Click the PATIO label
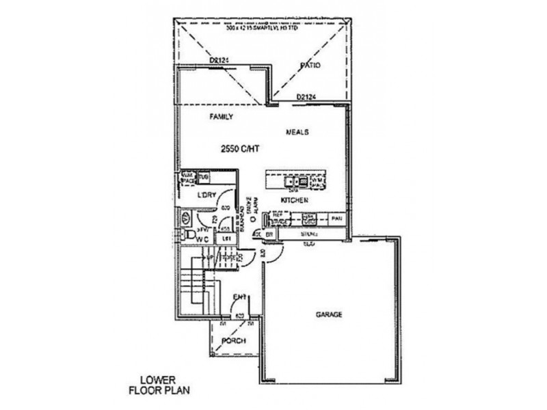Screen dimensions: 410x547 click(310, 66)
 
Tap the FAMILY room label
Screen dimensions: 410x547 click(220, 117)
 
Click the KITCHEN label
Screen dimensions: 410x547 click(295, 200)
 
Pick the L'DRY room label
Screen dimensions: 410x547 click(206, 195)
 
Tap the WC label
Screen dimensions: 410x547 click(203, 240)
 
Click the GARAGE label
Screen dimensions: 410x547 click(329, 315)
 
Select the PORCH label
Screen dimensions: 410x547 click(233, 341)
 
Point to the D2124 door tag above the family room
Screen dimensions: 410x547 click(219, 61)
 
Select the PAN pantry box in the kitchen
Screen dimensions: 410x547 click(336, 219)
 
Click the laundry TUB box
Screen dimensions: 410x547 click(203, 178)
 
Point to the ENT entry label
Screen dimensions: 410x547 click(239, 297)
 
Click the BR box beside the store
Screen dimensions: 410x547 click(269, 234)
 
